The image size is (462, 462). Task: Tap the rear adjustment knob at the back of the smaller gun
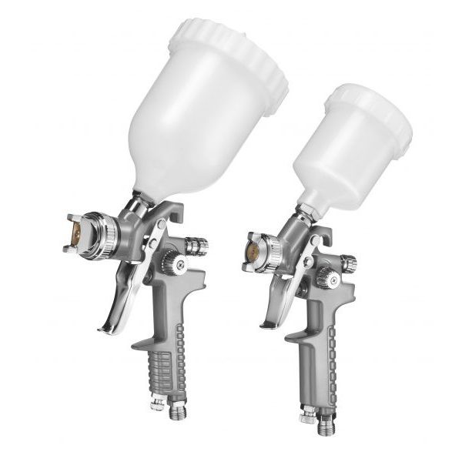pos(349,263)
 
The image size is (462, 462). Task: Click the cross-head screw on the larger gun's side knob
pos(180,266)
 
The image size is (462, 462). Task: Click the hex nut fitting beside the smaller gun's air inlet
pos(308,417)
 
